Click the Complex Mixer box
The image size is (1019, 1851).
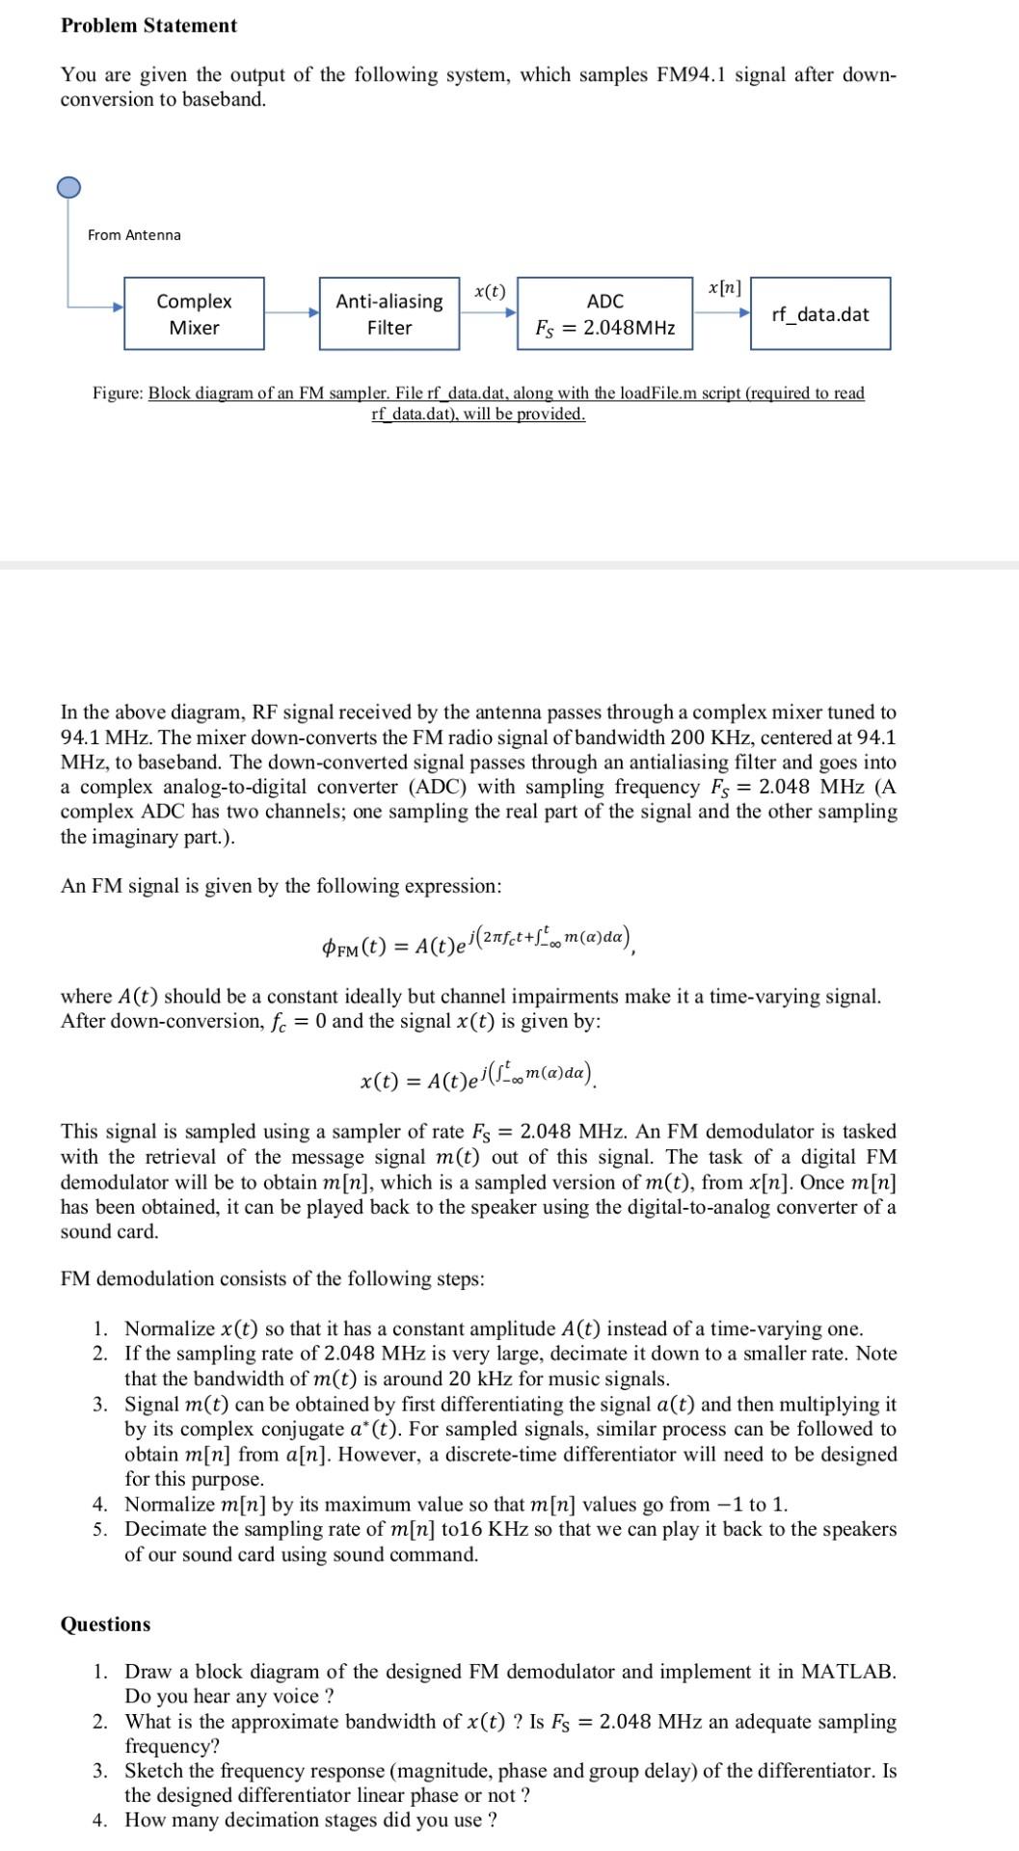coord(194,313)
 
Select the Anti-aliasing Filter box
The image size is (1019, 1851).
coord(389,313)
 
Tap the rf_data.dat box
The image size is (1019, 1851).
coord(819,313)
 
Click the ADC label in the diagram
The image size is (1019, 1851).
coord(604,301)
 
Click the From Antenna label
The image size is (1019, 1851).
coord(134,235)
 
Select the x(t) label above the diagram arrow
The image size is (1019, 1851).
coord(490,290)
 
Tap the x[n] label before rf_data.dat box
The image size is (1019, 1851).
coord(724,287)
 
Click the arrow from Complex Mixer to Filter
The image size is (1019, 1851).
coord(291,312)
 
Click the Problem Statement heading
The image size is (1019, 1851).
coord(148,26)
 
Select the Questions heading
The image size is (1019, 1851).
coord(105,1623)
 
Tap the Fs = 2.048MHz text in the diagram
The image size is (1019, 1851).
coord(604,328)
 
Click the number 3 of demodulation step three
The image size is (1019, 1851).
coord(100,1404)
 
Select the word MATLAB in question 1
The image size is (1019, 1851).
coord(847,1672)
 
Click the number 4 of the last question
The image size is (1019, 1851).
coord(100,1820)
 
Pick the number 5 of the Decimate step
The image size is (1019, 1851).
coord(100,1529)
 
